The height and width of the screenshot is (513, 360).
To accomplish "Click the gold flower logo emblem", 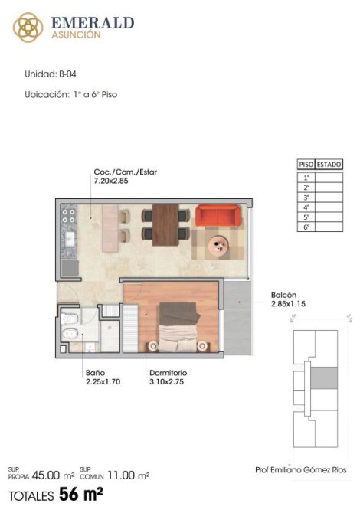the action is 28,28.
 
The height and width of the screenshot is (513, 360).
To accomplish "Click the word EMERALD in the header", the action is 93,23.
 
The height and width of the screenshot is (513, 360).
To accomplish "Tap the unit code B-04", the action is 67,74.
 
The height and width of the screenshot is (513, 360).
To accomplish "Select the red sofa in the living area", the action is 218,216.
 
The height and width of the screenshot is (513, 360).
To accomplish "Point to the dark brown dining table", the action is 165,225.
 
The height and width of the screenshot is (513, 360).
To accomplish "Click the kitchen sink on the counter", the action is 70,239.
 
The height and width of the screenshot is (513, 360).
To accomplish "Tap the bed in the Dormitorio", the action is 179,327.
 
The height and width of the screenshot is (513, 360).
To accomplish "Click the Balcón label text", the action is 283,295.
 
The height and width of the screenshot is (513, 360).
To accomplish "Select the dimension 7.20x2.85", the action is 111,181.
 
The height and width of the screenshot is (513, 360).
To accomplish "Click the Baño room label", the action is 95,373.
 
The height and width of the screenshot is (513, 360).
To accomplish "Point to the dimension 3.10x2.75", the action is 166,381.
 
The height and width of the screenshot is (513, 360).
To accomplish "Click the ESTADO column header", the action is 329,165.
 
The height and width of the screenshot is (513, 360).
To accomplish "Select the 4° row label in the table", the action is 306,207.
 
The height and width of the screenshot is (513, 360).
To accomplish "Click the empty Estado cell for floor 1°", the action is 329,178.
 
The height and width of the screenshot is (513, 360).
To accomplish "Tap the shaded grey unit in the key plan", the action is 324,378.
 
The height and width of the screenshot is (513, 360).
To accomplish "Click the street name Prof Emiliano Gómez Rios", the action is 301,470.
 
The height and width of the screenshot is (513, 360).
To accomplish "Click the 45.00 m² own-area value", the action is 54,475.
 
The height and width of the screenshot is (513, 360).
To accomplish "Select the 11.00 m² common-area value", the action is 128,475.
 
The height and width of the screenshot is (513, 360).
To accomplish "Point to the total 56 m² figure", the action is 81,494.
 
